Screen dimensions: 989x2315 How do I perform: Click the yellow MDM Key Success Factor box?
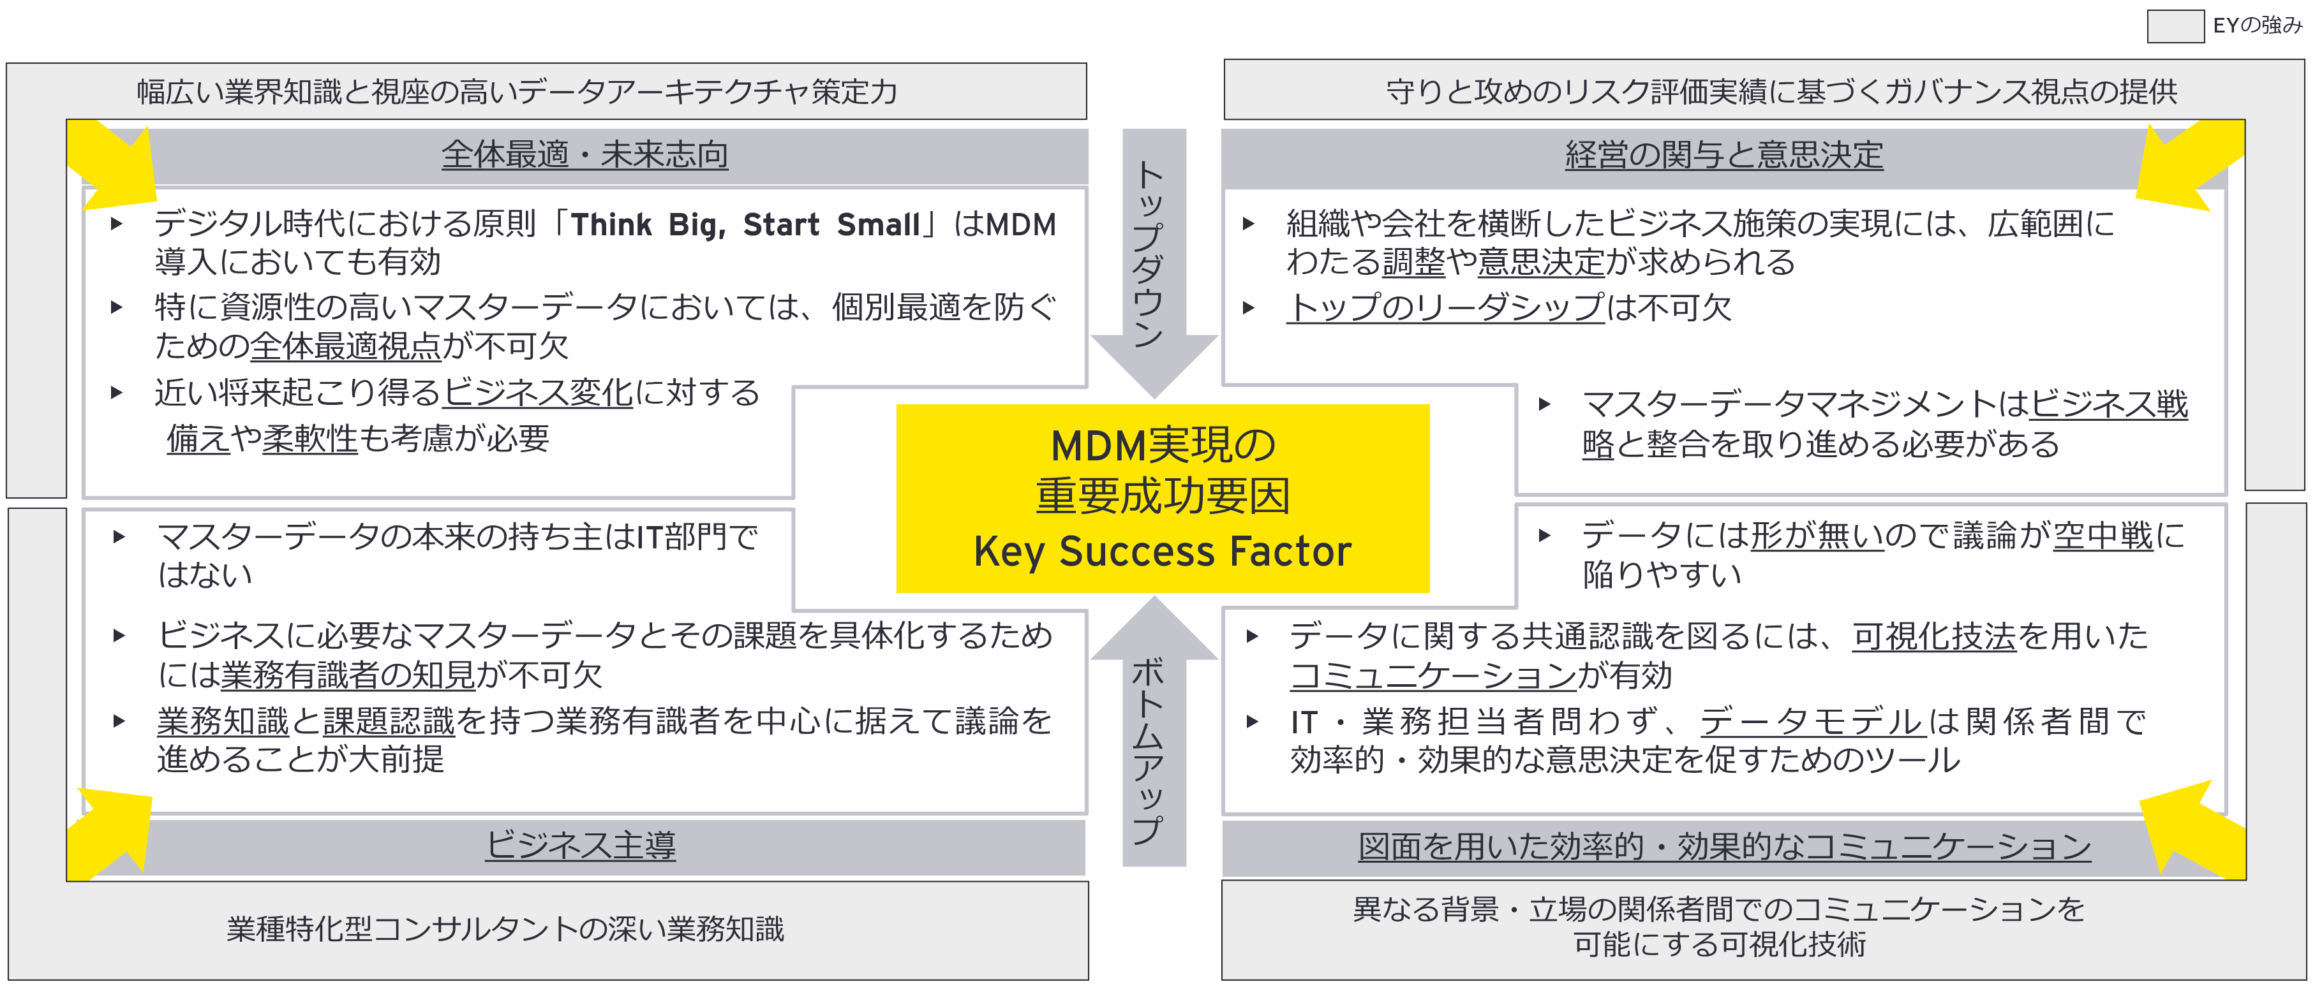pyautogui.click(x=1162, y=497)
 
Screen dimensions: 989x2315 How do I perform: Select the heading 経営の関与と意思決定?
pyautogui.click(x=1723, y=154)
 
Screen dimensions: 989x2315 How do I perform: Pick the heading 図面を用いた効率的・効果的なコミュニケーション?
pyautogui.click(x=1723, y=846)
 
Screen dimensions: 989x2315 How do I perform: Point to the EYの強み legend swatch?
pyautogui.click(x=2175, y=26)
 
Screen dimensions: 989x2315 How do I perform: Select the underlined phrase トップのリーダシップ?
pyautogui.click(x=1445, y=307)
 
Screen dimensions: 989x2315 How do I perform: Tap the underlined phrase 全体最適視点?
pyautogui.click(x=345, y=346)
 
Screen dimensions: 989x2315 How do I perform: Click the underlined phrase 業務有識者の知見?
pyautogui.click(x=348, y=675)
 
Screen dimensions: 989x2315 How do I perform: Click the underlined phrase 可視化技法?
pyautogui.click(x=1934, y=636)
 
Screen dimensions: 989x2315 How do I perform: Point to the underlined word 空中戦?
pyautogui.click(x=2103, y=536)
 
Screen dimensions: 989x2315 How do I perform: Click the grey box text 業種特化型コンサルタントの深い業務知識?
pyautogui.click(x=505, y=929)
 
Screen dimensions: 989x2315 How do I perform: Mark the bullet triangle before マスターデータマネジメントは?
pyautogui.click(x=1544, y=404)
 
